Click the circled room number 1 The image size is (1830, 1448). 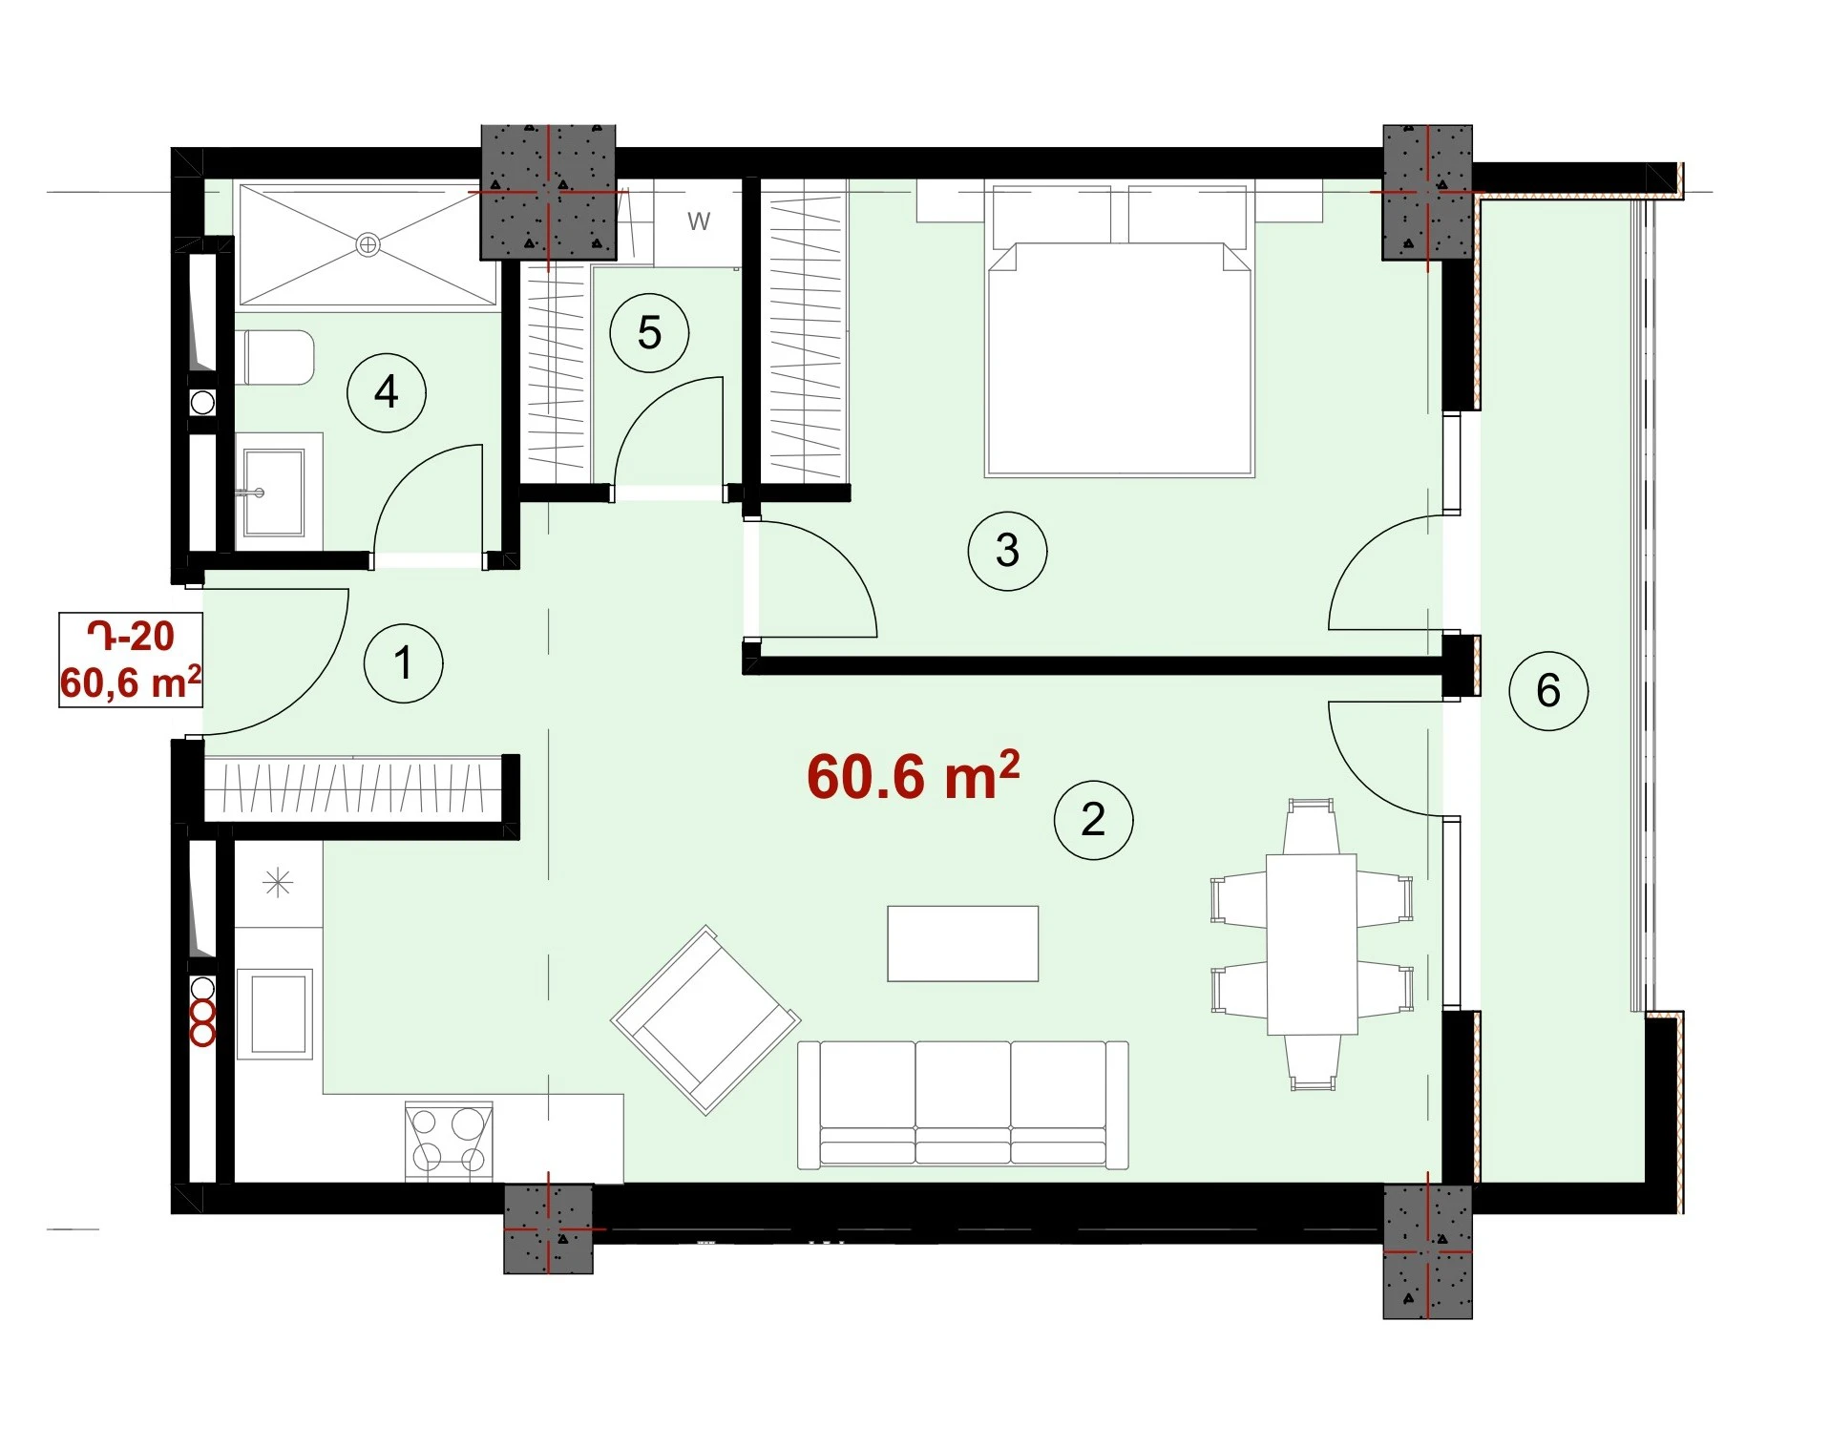(404, 663)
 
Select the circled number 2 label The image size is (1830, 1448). (1093, 820)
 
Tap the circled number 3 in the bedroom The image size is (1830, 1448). (1007, 551)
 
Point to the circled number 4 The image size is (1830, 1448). (386, 392)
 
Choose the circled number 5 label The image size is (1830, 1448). (649, 333)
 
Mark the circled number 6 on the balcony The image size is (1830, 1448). (1548, 691)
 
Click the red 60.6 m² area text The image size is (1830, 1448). (914, 775)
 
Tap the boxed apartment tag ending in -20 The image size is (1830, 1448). (131, 660)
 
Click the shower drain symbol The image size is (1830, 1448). (368, 245)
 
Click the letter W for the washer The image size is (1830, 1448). (699, 221)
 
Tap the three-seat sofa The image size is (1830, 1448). (963, 1104)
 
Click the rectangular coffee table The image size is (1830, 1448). (962, 943)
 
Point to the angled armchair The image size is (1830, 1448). (705, 1019)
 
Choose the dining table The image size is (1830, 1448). (1312, 944)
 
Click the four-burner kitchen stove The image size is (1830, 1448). (449, 1142)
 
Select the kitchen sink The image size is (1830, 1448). (275, 1014)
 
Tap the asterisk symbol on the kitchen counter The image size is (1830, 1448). (278, 883)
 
